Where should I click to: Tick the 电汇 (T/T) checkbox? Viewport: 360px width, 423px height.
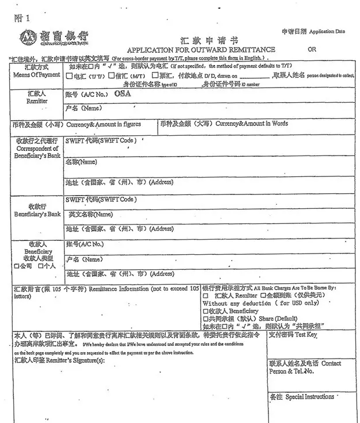(70, 75)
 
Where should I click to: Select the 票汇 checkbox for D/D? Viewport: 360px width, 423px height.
(154, 75)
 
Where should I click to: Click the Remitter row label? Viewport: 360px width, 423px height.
(37, 97)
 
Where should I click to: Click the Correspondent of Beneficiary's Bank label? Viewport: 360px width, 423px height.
(37, 149)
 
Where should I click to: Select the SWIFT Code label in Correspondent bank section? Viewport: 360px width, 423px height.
(101, 141)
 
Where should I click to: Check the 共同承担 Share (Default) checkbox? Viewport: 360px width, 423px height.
(205, 319)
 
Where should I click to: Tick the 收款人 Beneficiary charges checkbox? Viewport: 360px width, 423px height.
(205, 311)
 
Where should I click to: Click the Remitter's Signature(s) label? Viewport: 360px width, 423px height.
(60, 360)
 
